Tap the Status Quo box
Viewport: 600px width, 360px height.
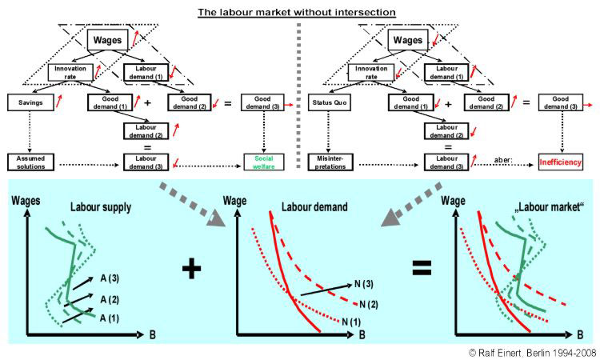pyautogui.click(x=328, y=102)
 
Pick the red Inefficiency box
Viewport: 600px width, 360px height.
pyautogui.click(x=558, y=162)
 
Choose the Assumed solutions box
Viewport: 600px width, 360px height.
pyautogui.click(x=29, y=162)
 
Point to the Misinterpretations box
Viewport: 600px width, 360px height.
pyautogui.click(x=329, y=162)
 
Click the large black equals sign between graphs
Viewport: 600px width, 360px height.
pyautogui.click(x=420, y=269)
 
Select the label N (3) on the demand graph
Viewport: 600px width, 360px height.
pyautogui.click(x=363, y=284)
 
